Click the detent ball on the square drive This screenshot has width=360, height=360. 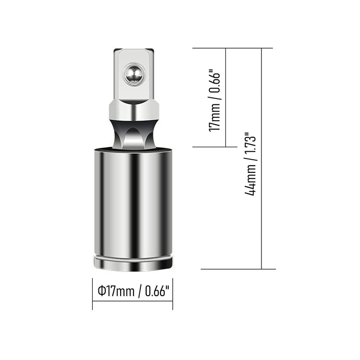134,74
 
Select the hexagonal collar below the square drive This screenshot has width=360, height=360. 134,111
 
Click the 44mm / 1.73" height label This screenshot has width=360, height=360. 250,164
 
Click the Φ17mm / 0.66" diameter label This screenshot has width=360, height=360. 133,291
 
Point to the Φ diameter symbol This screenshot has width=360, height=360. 101,291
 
